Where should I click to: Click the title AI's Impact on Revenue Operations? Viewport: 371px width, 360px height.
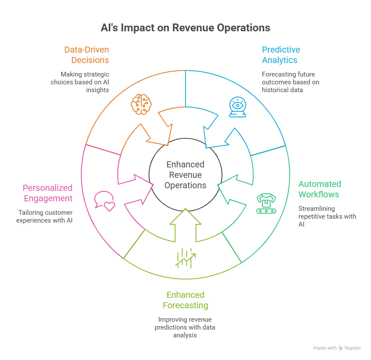(x=185, y=28)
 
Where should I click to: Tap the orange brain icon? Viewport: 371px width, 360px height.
(x=141, y=104)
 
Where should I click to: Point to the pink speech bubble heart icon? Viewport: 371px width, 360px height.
(x=105, y=201)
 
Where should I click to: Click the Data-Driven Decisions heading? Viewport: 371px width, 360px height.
(x=86, y=55)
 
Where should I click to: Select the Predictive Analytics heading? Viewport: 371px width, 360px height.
(x=281, y=55)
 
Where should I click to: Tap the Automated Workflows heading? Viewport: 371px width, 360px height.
(x=319, y=189)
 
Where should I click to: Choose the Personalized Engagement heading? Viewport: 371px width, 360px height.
(x=47, y=193)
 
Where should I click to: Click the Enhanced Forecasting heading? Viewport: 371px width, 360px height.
(x=185, y=300)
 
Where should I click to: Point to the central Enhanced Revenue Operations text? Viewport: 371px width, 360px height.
(x=185, y=175)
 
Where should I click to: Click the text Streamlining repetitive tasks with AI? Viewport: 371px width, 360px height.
(x=327, y=217)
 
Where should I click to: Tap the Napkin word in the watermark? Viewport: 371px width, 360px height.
(x=353, y=348)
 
